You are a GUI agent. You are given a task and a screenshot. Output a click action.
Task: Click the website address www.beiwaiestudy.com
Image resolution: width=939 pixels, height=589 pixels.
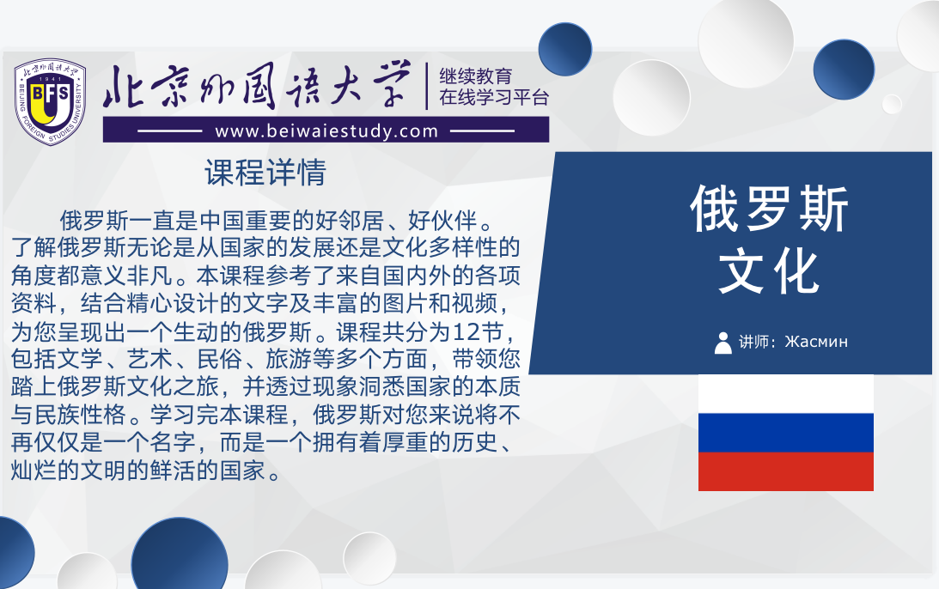(326, 131)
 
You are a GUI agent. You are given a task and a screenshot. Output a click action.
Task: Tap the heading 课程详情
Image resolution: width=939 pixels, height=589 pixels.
(265, 173)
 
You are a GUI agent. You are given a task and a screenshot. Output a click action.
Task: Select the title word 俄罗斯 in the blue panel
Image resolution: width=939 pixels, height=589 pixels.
(770, 209)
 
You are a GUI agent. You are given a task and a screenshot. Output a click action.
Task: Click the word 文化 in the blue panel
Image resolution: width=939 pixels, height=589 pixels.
(770, 272)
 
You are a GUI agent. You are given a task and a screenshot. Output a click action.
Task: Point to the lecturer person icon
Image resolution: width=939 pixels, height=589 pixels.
(723, 343)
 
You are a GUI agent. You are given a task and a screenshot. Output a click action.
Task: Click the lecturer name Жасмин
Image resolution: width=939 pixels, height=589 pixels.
(816, 342)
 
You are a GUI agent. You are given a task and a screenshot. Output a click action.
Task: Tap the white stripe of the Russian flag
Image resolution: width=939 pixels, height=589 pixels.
(786, 394)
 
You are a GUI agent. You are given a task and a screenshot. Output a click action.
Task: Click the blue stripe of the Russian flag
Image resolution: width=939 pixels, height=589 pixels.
(786, 433)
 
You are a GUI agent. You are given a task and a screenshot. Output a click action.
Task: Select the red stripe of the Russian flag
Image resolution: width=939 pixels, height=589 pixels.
(786, 471)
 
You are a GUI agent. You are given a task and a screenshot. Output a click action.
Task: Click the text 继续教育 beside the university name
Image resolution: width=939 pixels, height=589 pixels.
(475, 76)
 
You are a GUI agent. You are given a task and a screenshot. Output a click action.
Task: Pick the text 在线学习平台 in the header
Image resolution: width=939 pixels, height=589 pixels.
(494, 97)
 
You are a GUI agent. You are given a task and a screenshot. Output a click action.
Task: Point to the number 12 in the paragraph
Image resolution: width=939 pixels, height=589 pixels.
(467, 331)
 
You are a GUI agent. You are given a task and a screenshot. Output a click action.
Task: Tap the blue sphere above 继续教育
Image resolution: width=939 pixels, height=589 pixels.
(564, 49)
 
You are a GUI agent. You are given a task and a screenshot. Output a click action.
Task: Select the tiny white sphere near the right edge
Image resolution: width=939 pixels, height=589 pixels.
(892, 104)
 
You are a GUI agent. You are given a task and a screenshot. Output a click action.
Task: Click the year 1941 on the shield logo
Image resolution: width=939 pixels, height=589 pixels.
(50, 79)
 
